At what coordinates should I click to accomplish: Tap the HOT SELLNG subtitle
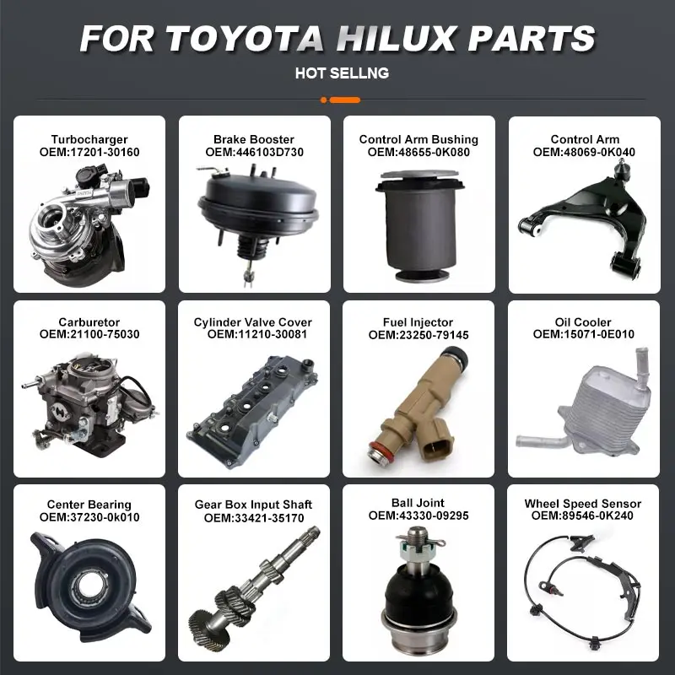342,73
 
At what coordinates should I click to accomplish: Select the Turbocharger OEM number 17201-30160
89,152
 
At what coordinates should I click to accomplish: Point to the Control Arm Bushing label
418,139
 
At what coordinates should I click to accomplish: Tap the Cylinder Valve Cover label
252,322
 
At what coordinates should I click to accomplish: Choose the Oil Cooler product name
584,322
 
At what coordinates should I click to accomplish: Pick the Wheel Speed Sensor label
583,504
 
